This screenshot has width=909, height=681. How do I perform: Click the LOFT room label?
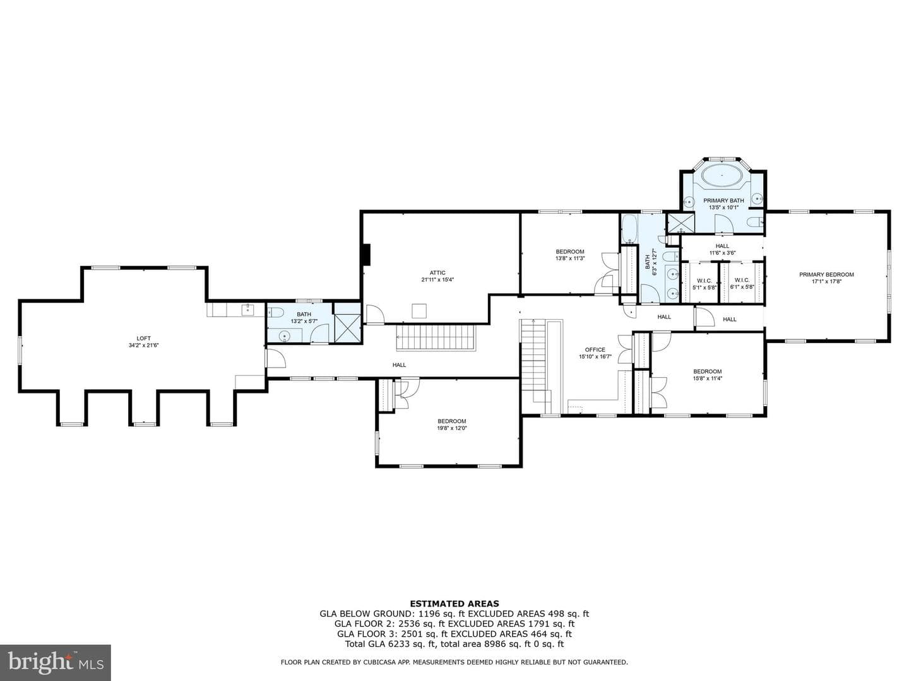[x=144, y=338]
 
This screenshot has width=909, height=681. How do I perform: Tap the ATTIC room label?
[x=437, y=272]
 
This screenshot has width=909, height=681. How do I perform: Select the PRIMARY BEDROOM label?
[x=826, y=274]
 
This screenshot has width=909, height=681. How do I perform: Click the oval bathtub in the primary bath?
[x=722, y=177]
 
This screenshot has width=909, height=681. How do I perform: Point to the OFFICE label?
[x=595, y=349]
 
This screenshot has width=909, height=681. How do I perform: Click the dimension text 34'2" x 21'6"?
[x=144, y=345]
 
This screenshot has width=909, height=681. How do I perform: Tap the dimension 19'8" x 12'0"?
[x=452, y=428]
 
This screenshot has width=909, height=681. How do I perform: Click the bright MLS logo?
[x=56, y=662]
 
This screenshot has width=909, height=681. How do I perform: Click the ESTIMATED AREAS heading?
[x=454, y=603]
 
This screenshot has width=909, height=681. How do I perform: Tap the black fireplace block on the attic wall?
[x=365, y=255]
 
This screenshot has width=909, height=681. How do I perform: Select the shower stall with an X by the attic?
[x=347, y=329]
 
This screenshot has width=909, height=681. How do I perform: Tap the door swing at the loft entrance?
[x=276, y=358]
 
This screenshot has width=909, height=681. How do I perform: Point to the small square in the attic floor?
[x=419, y=310]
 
